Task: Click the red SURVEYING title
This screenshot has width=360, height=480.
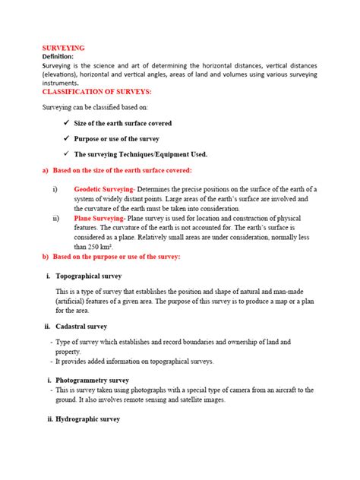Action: [63, 47]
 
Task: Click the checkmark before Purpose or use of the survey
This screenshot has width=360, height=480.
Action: [66, 139]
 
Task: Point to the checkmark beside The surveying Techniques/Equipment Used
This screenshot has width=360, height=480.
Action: [66, 154]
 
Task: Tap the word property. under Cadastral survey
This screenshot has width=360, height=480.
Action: [67, 352]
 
